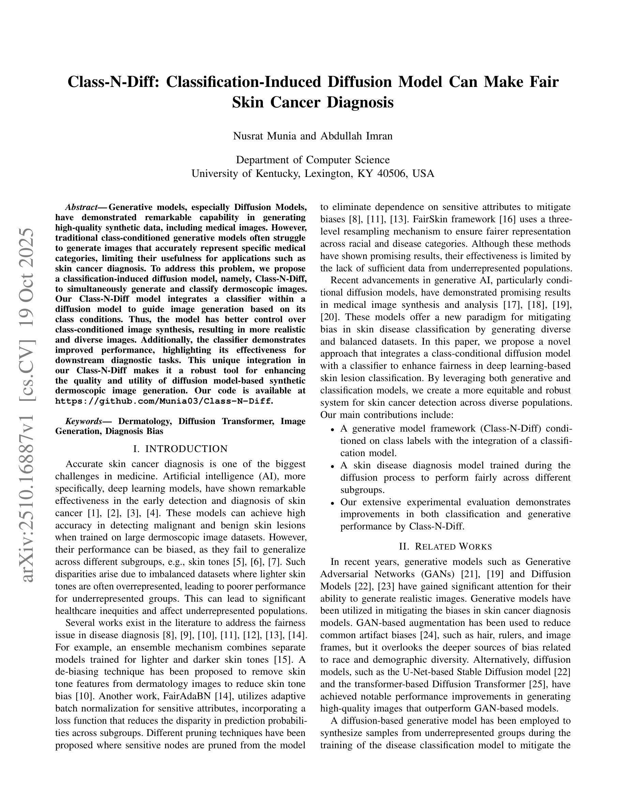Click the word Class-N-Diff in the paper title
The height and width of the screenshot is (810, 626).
coord(113,82)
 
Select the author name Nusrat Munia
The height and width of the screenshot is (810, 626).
coord(265,136)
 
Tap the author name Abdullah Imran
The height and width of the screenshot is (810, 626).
coord(356,136)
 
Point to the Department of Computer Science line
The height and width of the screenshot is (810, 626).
coord(313,160)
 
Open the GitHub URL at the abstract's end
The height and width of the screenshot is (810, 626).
coord(164,401)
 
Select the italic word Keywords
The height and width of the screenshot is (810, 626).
coord(84,421)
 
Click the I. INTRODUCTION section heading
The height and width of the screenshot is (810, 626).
coord(180,449)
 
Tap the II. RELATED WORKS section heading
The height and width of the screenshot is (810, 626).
coord(445,547)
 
